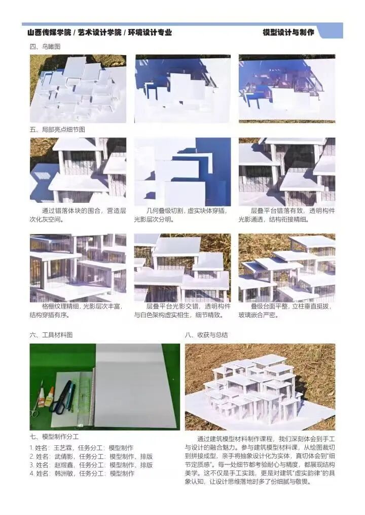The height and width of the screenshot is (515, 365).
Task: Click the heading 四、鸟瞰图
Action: click(45, 47)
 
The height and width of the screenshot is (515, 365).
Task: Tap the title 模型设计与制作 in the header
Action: click(288, 32)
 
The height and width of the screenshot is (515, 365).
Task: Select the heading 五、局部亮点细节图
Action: click(57, 130)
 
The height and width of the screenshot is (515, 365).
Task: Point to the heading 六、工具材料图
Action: click(51, 335)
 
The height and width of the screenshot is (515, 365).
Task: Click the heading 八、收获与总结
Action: click(206, 335)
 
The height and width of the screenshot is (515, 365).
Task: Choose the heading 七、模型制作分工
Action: click(54, 437)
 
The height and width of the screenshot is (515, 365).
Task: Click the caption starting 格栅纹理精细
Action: click(77, 311)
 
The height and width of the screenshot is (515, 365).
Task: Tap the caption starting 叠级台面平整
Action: click(286, 311)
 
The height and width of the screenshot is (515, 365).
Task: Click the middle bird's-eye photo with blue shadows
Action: click(182, 89)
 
